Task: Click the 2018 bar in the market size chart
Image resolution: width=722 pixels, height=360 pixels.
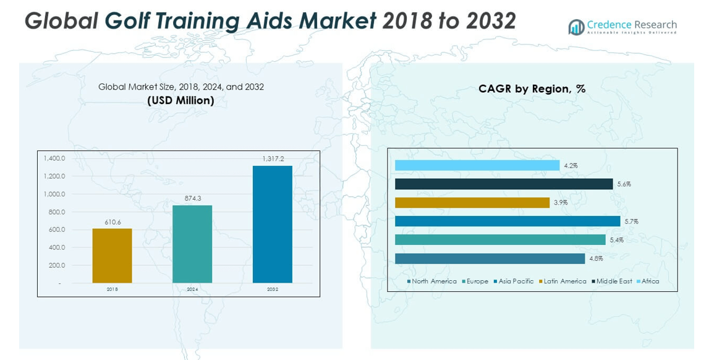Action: click(x=112, y=255)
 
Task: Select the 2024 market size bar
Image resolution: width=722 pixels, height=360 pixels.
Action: click(x=192, y=244)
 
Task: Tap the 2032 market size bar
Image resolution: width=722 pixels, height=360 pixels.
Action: click(x=272, y=224)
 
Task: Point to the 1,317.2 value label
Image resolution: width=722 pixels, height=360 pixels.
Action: click(x=273, y=159)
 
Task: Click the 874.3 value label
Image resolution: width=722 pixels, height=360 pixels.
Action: click(x=193, y=198)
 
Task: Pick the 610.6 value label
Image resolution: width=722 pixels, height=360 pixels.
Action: click(x=112, y=221)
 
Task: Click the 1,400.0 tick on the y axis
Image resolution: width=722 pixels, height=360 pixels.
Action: click(x=54, y=158)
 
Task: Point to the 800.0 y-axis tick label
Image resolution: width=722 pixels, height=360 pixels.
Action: click(x=56, y=212)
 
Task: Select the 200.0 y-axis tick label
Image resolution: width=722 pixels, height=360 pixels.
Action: click(x=56, y=265)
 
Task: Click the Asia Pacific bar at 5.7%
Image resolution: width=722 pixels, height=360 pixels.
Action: click(x=507, y=221)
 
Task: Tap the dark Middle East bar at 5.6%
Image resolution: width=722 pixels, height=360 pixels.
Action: click(x=503, y=184)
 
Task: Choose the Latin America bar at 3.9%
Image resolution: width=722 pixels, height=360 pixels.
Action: click(x=472, y=203)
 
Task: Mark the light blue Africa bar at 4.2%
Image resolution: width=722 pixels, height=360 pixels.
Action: click(x=477, y=166)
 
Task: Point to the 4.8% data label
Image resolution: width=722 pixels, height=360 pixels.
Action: click(x=595, y=259)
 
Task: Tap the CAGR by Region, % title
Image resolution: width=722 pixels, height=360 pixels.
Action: click(x=532, y=89)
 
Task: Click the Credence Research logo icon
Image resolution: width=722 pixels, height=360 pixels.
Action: click(x=576, y=27)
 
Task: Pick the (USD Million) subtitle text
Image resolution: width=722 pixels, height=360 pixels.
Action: click(x=180, y=100)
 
